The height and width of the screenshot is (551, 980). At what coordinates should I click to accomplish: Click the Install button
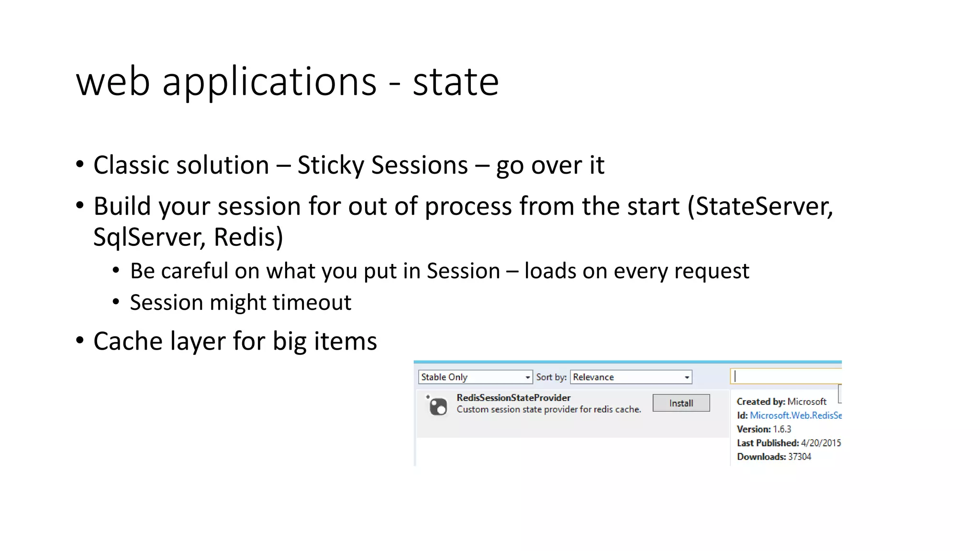[680, 403]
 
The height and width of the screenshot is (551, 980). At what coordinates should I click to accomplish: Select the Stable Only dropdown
[475, 377]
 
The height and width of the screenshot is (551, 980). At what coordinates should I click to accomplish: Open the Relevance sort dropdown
[631, 377]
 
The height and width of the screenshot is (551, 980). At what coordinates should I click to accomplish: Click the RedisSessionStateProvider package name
[513, 397]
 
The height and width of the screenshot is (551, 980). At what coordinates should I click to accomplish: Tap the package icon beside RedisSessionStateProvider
[438, 406]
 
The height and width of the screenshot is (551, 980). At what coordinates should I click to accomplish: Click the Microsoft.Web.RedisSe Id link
[795, 415]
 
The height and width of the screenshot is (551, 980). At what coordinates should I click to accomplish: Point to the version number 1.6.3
[782, 429]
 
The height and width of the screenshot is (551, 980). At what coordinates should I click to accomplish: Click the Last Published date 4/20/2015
[821, 443]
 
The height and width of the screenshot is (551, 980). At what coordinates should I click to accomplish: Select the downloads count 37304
[800, 457]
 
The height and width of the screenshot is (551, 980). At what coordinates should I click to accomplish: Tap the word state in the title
[456, 82]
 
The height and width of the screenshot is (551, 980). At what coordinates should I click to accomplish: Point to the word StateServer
[764, 207]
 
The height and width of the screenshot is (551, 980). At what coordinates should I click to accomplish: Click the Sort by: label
[551, 377]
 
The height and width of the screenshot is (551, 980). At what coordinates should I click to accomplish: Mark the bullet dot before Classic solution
[80, 165]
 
